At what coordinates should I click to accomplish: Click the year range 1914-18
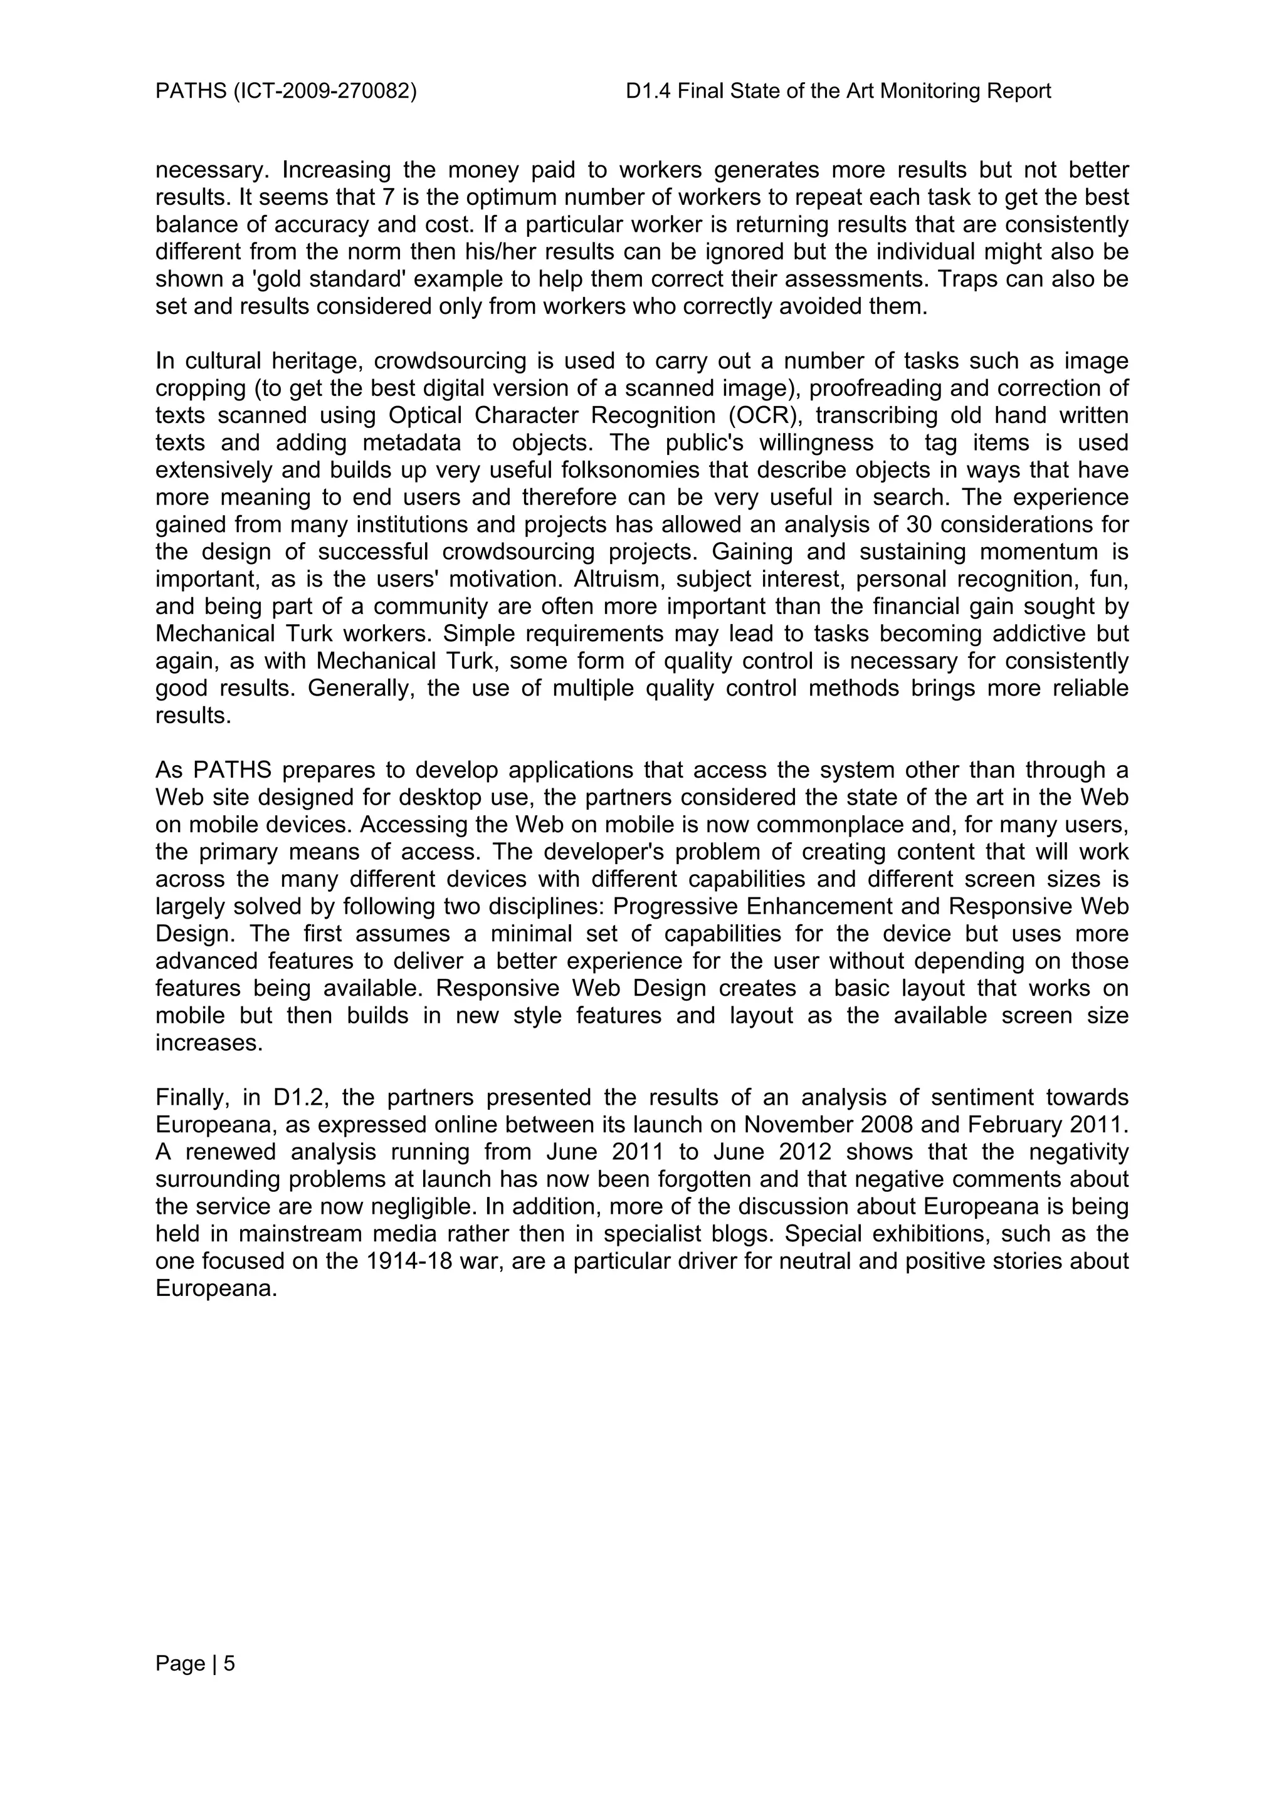[408, 1261]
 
